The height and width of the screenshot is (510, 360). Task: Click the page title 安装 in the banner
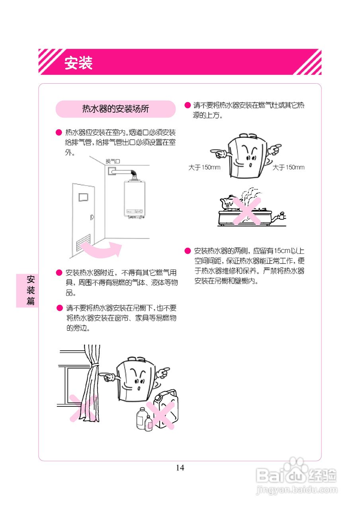(x=78, y=63)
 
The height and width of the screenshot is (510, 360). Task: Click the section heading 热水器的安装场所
(x=115, y=109)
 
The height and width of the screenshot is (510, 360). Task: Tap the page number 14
(x=180, y=468)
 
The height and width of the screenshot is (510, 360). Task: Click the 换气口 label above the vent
(x=112, y=161)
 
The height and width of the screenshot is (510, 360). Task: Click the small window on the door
(x=83, y=197)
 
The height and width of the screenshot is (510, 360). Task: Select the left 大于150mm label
(x=204, y=167)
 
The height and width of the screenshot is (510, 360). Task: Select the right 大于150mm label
(x=288, y=167)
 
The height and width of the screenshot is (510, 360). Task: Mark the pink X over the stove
(x=247, y=210)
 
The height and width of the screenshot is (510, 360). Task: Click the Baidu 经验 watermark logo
(x=296, y=474)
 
